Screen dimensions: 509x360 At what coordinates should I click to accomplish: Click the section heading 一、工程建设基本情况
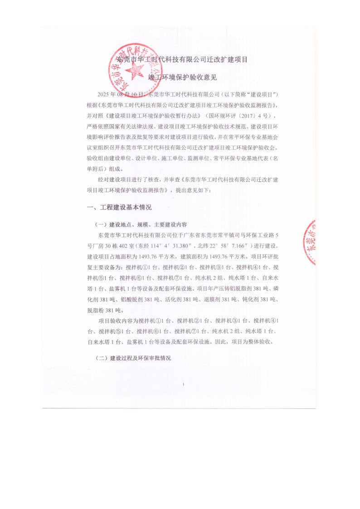point(119,207)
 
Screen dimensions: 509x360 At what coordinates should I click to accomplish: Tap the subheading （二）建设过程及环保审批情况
point(133,358)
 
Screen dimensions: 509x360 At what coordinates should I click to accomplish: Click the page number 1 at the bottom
point(183,384)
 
